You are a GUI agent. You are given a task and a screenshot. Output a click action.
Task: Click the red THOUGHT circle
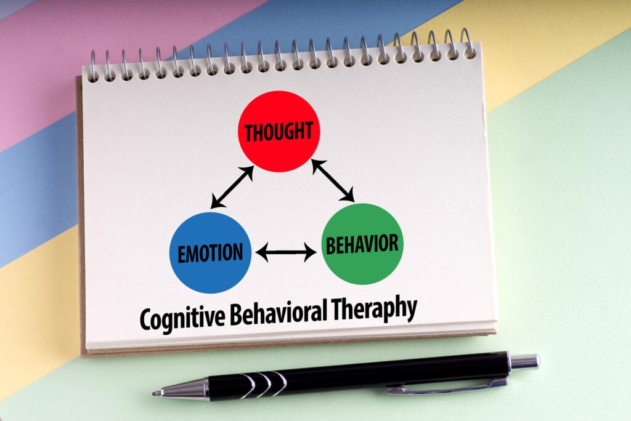tap(279, 132)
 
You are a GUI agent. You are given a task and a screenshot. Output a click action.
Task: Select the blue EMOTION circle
tap(211, 252)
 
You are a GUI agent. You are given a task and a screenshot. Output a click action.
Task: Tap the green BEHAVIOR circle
tap(362, 244)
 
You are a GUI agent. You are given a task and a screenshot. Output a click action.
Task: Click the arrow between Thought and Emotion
tap(232, 187)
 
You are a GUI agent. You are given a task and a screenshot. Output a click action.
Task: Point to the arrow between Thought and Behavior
tap(333, 180)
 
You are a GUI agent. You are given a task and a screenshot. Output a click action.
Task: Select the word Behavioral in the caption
tap(279, 312)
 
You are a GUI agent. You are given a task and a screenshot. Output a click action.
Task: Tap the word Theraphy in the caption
tap(374, 308)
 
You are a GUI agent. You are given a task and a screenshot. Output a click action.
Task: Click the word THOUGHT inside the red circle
tap(279, 132)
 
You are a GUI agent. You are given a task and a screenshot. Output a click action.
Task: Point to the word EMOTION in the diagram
tap(211, 253)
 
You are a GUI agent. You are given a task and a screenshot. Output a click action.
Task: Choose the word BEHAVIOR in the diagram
tap(362, 244)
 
